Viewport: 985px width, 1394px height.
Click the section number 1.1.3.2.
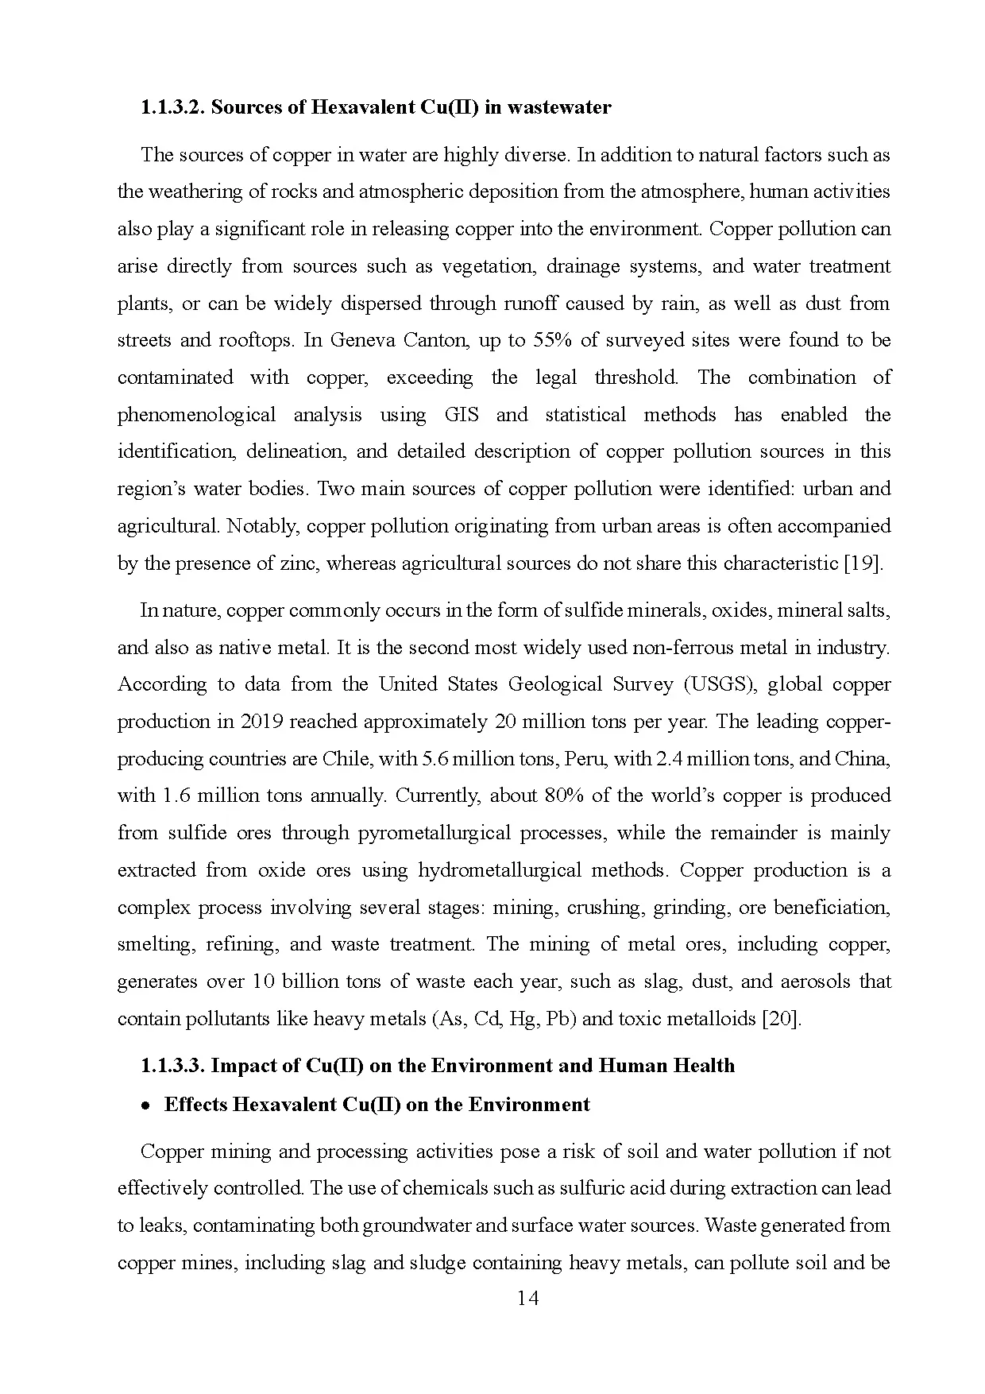173,107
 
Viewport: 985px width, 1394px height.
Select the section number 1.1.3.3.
173,1065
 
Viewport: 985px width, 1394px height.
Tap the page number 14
527,1298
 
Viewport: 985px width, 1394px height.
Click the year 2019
261,722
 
